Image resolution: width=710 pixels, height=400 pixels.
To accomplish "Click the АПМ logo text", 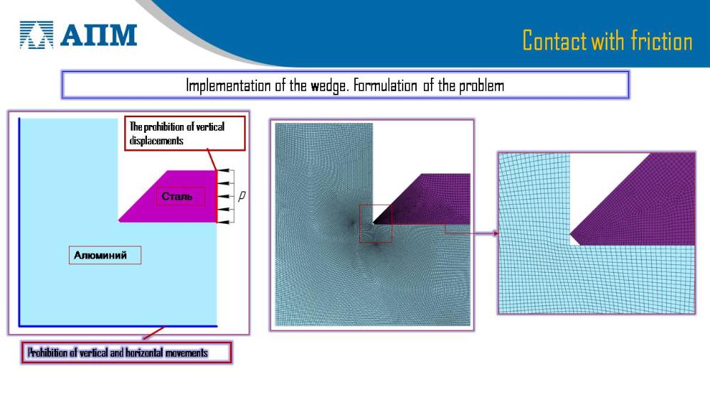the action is (x=99, y=35).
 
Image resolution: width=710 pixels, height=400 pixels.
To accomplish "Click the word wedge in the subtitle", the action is (x=329, y=86).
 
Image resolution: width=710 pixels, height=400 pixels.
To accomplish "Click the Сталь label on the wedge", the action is (x=177, y=197).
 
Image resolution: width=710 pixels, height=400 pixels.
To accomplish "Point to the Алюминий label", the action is (x=101, y=255).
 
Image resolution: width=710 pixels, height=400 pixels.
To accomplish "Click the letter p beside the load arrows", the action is (x=242, y=195).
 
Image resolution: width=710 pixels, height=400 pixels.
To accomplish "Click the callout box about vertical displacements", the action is (x=185, y=133).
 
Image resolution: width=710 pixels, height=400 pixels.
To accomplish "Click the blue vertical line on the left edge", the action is (x=19, y=222).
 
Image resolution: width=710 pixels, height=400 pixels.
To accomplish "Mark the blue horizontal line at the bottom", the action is (x=118, y=325).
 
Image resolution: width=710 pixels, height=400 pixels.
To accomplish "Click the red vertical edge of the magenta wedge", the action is (x=217, y=197).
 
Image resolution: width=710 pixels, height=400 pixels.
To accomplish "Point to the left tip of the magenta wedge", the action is (x=119, y=221).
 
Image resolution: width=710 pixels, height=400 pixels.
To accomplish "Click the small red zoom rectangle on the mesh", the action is (x=376, y=224).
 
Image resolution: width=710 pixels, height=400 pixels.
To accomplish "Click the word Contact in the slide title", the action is (x=556, y=40).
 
